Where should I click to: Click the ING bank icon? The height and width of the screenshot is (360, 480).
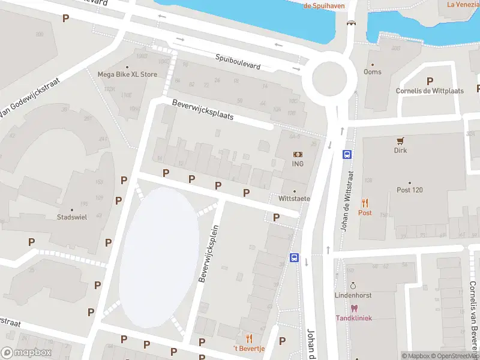(298, 155)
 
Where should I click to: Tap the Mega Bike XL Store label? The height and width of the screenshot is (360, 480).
(127, 74)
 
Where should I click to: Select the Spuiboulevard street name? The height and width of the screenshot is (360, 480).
(238, 61)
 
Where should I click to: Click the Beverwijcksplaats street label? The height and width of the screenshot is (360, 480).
(202, 109)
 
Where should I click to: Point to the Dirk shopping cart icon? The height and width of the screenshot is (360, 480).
(400, 141)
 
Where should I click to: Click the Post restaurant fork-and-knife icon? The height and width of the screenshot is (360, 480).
(365, 203)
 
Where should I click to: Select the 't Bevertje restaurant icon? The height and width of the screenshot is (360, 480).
(249, 339)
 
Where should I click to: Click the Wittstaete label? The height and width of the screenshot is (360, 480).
(294, 198)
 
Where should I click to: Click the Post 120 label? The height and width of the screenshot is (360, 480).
(410, 190)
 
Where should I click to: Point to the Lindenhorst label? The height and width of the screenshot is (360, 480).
(353, 295)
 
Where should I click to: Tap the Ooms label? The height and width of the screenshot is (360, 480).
(372, 72)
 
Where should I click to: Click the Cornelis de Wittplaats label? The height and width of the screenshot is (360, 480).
(430, 91)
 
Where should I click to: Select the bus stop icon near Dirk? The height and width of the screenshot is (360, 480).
(347, 154)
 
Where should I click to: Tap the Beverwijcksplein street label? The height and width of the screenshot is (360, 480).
(209, 254)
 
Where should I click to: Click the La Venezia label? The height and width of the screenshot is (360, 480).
(462, 4)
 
